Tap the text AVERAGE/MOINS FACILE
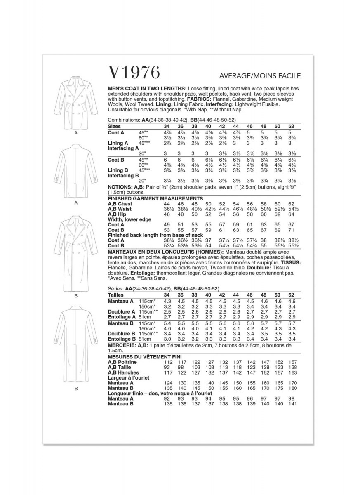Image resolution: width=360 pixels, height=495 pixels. (x=260, y=76)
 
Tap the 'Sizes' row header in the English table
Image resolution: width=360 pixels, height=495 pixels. (x=114, y=125)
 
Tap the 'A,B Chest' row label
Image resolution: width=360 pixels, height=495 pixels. (x=120, y=204)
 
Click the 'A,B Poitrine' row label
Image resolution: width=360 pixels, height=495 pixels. (x=122, y=362)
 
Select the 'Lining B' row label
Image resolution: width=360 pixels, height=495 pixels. (x=118, y=170)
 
